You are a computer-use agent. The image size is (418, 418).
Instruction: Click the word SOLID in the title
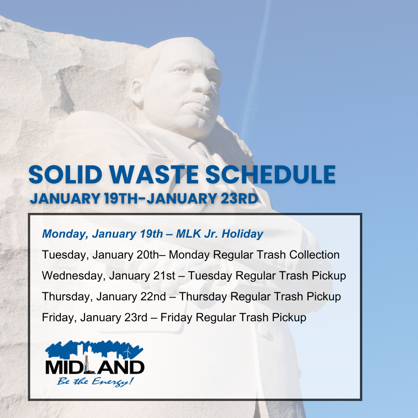point(65,175)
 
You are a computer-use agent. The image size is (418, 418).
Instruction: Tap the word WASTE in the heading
point(154,175)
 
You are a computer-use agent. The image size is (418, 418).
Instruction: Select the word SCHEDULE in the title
point(270,175)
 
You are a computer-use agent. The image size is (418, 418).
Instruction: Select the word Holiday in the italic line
point(242,234)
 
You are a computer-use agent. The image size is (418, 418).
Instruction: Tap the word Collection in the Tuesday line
point(314,255)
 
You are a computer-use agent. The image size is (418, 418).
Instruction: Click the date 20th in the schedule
point(148,255)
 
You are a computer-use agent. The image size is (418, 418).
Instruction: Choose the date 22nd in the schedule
point(153,296)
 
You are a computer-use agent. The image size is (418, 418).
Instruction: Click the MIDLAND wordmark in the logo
point(95,367)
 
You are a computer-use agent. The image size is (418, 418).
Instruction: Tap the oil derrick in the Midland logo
point(86,365)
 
